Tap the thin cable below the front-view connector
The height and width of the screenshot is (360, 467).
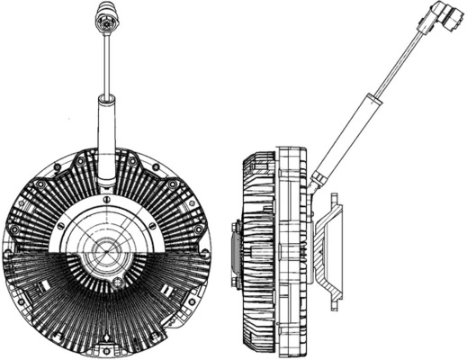(x=107, y=63)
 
